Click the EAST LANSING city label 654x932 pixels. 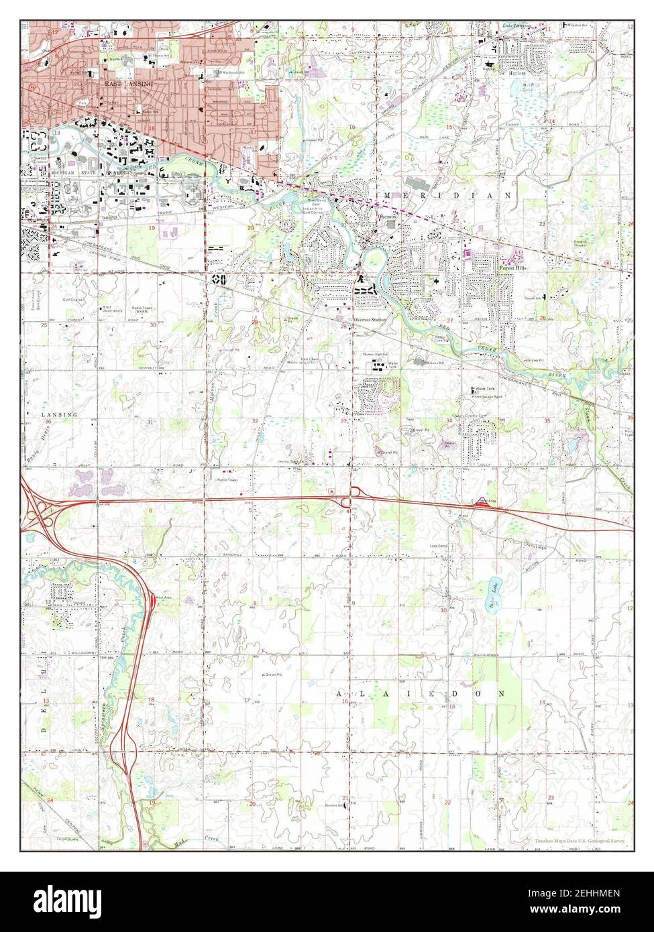128,84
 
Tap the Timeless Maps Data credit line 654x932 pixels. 580,841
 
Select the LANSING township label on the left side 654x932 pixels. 59,414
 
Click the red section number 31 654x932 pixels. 150,422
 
